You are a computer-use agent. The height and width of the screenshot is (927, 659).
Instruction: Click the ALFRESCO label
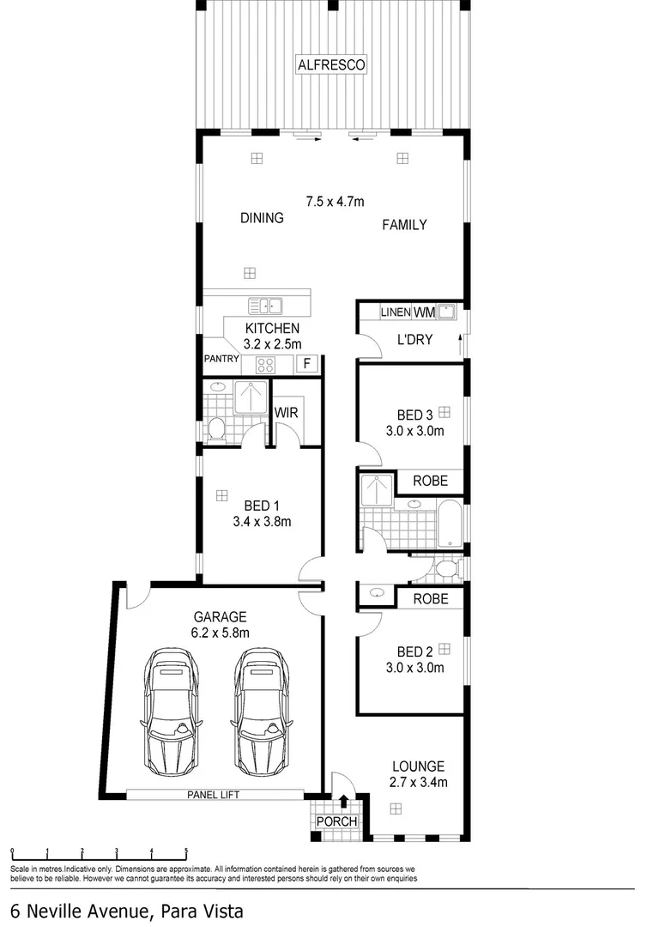coord(331,64)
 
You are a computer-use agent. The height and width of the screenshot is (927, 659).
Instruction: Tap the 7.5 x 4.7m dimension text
coord(336,202)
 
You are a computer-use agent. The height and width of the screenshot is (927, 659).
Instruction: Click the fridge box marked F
coord(305,364)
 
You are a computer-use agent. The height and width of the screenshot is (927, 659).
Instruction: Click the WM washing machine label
coord(426,312)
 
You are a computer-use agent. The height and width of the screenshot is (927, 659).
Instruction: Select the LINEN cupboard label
coord(396,312)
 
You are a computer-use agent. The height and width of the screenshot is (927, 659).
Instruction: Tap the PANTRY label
coord(221,359)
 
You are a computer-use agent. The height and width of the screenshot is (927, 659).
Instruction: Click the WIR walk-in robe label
coord(286,412)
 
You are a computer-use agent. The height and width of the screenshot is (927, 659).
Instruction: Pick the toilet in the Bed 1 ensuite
coord(217,428)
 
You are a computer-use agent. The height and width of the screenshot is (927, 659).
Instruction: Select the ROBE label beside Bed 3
coord(430,482)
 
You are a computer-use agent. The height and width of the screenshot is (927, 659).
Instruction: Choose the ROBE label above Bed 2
coord(430,599)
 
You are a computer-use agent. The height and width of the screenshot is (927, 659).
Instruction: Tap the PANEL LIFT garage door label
coord(213,795)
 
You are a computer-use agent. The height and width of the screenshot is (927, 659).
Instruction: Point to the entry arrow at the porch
coord(343,801)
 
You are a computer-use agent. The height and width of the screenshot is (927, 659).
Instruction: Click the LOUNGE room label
coord(418,766)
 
